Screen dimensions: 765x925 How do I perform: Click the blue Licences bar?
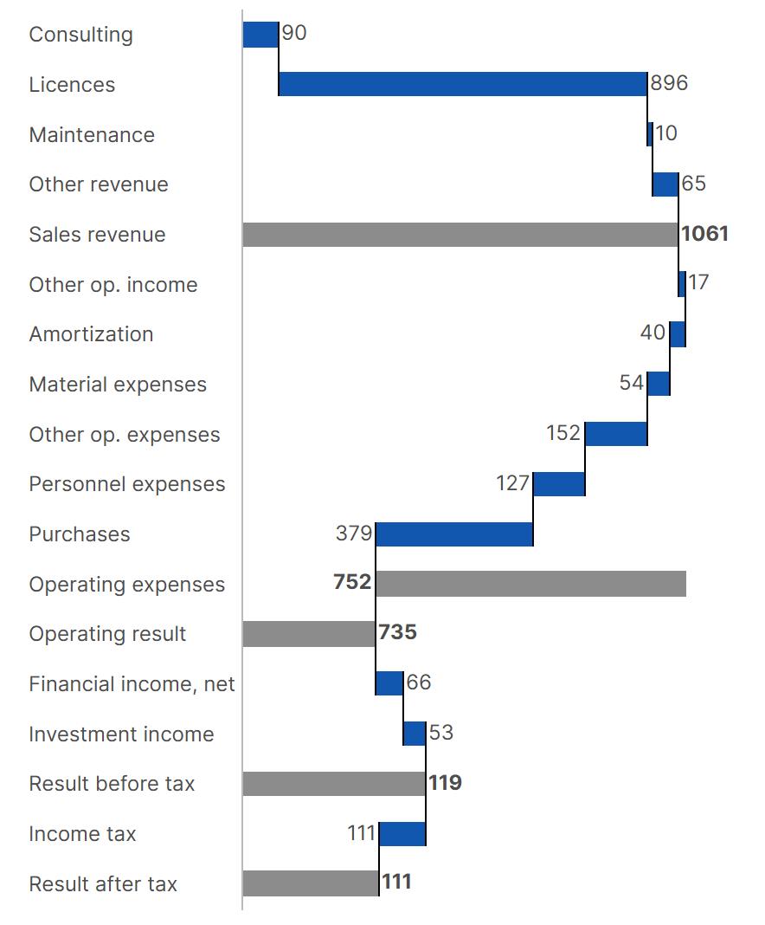coord(463,84)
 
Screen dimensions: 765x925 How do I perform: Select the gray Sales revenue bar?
coord(460,234)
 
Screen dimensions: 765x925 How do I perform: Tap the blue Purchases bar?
coord(454,534)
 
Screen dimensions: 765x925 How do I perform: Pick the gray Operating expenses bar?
coord(531,584)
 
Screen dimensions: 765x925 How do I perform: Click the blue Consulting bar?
coord(260,35)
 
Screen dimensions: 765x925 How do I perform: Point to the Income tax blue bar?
coord(402,833)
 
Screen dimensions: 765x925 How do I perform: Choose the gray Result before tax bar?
coord(334,784)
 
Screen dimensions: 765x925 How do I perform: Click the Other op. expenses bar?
coord(616,434)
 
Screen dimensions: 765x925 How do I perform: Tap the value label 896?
coord(669,82)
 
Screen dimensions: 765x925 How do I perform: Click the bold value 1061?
coord(705,234)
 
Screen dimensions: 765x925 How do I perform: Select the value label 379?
coord(354,534)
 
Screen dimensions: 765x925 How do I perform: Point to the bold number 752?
coord(352,582)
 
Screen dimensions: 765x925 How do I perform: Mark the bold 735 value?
coord(398,631)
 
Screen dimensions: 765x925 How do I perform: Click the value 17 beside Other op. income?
coord(697,282)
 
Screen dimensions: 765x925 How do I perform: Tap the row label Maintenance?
coord(92,134)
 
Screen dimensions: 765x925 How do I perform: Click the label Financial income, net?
coord(132,683)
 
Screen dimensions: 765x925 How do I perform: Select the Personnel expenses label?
coord(127,484)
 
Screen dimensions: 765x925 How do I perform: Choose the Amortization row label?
coord(92,334)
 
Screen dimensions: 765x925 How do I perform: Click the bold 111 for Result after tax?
coord(396,882)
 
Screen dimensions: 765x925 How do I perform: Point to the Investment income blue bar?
coord(415,734)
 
